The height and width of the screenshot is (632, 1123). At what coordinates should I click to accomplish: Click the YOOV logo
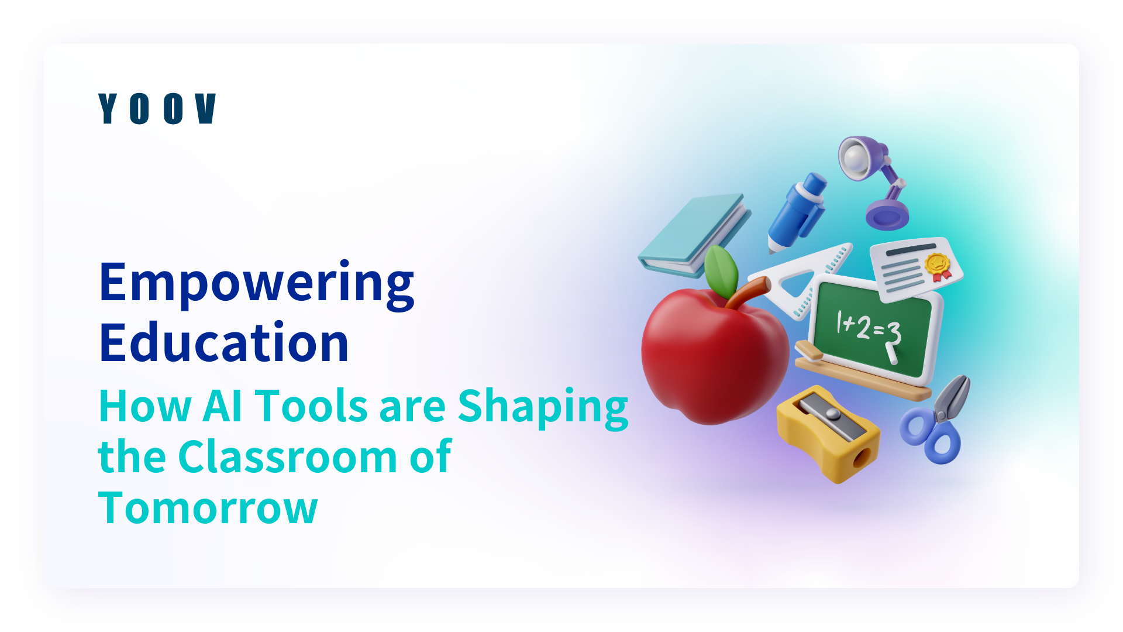point(157,109)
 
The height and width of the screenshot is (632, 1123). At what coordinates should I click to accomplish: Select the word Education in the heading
point(225,342)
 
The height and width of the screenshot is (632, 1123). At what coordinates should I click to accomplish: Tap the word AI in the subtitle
point(222,406)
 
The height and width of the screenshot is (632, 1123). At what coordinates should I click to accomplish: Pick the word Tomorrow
point(208,508)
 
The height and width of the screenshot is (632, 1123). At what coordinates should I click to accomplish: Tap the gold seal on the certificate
point(937,265)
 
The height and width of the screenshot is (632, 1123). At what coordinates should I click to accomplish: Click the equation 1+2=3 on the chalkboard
point(869,329)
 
